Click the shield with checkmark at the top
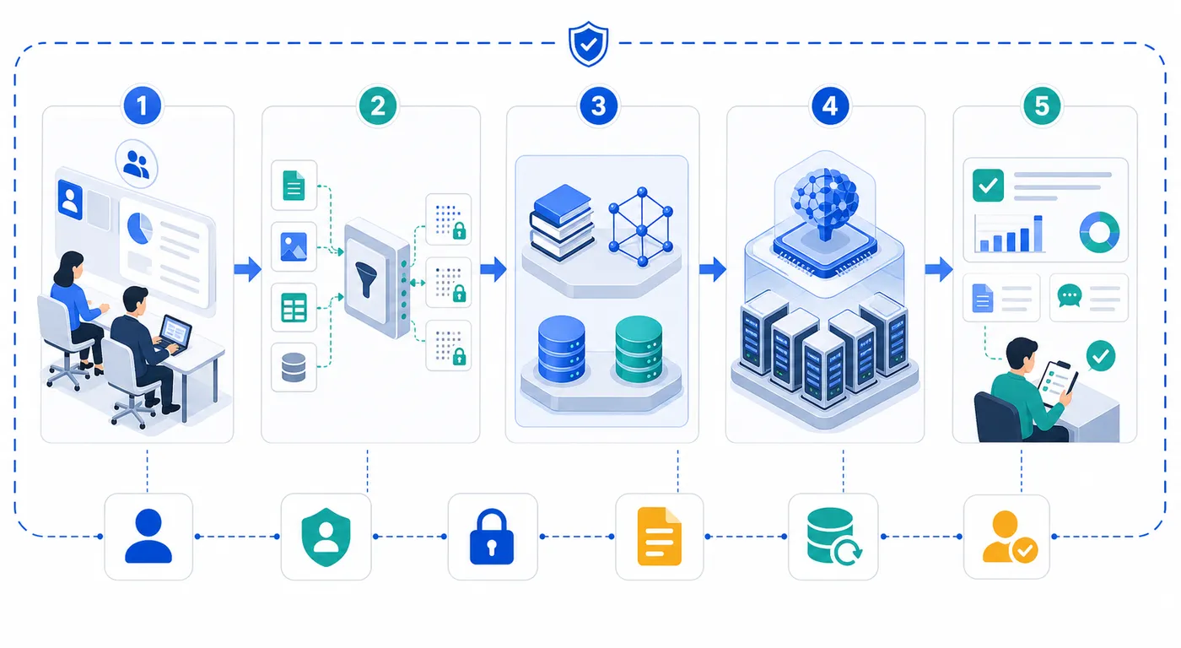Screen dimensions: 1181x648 [589, 44]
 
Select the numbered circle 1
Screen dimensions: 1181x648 [142, 106]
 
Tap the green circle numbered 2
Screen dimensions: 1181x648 [378, 106]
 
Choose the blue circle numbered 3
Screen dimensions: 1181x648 [598, 106]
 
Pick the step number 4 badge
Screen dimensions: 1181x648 [829, 106]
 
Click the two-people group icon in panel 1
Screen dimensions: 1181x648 [136, 164]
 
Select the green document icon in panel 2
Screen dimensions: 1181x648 [294, 186]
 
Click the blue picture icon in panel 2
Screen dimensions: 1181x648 [294, 246]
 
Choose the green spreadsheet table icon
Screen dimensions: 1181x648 [294, 307]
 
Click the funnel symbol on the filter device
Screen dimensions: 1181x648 [366, 279]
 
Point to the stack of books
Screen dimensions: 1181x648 [561, 222]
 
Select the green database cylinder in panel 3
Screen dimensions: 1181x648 [639, 348]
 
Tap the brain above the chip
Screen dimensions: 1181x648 [825, 203]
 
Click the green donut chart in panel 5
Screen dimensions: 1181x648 [1098, 232]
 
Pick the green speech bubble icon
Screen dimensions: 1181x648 [1070, 296]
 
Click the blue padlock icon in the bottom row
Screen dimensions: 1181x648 [491, 537]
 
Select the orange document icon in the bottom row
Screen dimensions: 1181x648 [659, 537]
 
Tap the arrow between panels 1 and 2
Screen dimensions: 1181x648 [248, 269]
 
